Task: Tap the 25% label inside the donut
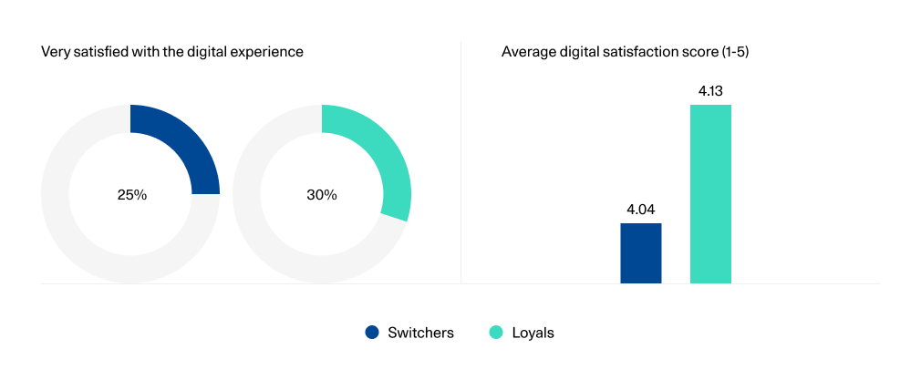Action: coord(131,195)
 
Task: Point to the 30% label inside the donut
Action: coord(322,195)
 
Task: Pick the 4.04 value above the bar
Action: coord(641,210)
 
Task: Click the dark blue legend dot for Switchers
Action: coord(372,333)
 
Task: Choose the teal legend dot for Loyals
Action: coord(496,333)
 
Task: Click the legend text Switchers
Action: coord(420,333)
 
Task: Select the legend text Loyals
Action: coord(533,333)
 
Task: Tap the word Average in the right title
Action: coord(526,52)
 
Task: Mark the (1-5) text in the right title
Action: coord(734,52)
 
